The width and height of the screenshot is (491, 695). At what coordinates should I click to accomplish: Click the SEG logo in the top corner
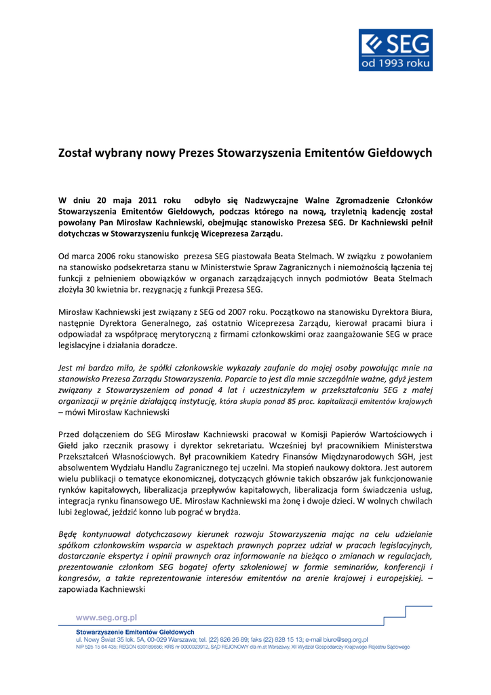point(395,50)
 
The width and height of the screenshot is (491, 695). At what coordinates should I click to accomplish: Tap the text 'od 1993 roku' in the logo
point(395,62)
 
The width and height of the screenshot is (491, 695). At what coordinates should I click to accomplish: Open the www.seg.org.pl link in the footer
point(106,618)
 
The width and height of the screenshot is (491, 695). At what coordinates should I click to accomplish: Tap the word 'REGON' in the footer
point(128,647)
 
